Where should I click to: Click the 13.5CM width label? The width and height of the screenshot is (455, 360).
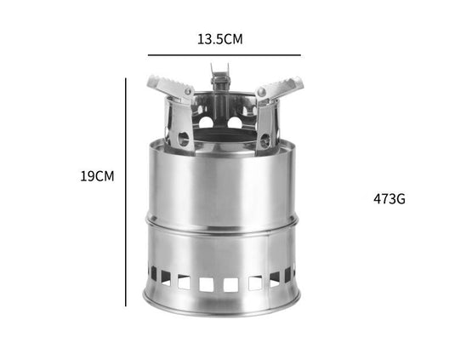point(221,38)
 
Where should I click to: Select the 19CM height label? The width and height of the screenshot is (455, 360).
point(97,176)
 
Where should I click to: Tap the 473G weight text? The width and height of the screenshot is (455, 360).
point(390,199)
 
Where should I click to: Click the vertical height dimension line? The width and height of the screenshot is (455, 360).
point(126,191)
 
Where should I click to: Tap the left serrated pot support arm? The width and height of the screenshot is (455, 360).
point(166,85)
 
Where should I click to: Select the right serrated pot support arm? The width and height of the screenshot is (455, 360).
point(281,87)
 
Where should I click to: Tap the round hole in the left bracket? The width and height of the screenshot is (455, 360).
point(180,136)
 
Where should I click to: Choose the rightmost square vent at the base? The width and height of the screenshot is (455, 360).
point(287,273)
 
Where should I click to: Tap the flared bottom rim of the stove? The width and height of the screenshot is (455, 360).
point(223,303)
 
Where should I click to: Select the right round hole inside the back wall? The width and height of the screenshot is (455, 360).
point(236,123)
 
